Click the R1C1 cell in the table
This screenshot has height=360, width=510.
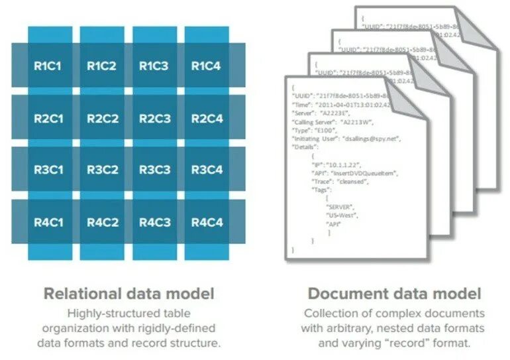point(48,66)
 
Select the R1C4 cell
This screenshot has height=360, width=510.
point(207,66)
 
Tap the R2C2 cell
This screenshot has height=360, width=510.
point(103,119)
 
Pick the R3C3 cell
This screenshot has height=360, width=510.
point(154,170)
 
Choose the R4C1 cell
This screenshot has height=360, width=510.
point(48,221)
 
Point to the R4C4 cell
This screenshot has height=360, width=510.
point(207,221)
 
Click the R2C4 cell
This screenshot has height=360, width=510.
point(207,119)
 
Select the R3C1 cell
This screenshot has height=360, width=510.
point(48,170)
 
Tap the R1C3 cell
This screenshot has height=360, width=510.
point(154,66)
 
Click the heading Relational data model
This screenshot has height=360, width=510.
point(128,293)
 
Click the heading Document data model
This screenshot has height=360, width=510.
point(394,293)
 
